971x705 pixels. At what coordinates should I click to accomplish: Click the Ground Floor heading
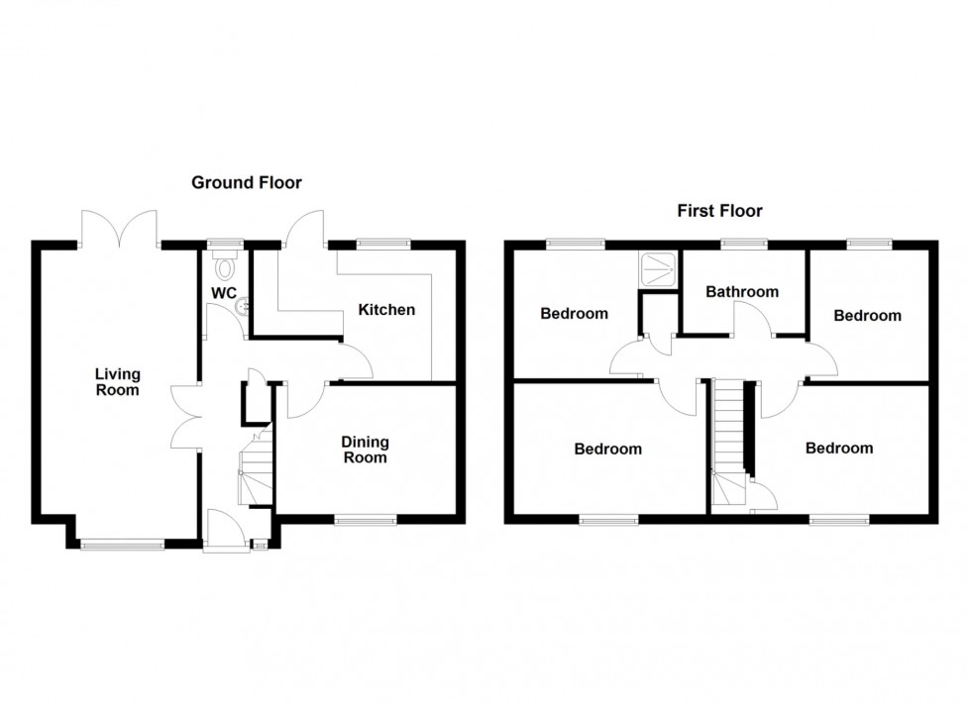246,182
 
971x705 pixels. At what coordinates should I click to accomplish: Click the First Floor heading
719,210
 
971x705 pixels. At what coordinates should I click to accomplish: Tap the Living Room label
118,381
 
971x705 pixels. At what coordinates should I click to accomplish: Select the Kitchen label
386,310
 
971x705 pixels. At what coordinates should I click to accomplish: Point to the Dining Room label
366,450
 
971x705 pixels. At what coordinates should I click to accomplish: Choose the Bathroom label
742,291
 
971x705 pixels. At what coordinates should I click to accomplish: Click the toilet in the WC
225,264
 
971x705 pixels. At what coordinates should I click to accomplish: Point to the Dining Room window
365,518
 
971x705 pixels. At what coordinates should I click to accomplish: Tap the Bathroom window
743,243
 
